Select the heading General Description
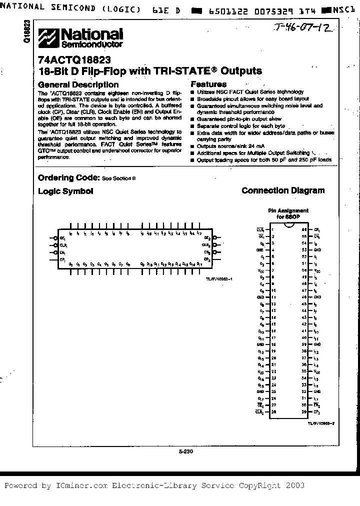pyautogui.click(x=78, y=84)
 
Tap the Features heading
pyautogui.click(x=208, y=84)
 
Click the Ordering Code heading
pyautogui.click(x=68, y=177)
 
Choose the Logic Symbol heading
pyautogui.click(x=65, y=191)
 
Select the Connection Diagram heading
pyautogui.click(x=283, y=190)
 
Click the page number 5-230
pyautogui.click(x=185, y=451)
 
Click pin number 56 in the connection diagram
pyautogui.click(x=303, y=229)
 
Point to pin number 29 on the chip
pyautogui.click(x=303, y=411)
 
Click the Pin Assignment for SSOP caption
pyautogui.click(x=288, y=214)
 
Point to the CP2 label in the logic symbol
pyautogui.click(x=206, y=260)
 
